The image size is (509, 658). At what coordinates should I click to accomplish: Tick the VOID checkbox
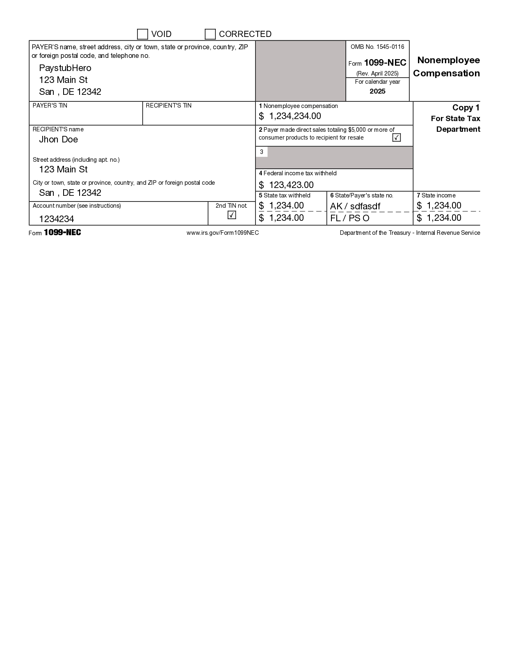point(142,34)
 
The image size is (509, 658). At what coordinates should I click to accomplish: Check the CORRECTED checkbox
point(210,34)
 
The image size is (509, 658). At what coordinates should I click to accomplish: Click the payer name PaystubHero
point(65,68)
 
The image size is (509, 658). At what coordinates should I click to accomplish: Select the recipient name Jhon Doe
point(58,140)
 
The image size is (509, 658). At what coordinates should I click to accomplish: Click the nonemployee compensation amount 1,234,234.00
point(295,116)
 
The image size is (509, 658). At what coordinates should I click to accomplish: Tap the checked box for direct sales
point(397,138)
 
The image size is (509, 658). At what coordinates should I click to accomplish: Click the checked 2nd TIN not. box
point(232,215)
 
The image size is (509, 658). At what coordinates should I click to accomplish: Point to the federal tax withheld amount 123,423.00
point(291,185)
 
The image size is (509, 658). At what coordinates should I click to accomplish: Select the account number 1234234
point(57,219)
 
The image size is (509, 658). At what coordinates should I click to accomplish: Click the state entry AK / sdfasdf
point(355,206)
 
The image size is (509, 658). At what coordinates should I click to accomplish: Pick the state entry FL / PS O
point(350,218)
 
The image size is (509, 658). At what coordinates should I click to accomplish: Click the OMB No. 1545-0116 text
point(377,47)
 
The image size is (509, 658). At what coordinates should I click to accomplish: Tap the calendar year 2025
point(377,91)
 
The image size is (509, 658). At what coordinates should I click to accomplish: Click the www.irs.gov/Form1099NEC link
point(223,233)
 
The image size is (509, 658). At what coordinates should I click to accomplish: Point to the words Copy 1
point(466,108)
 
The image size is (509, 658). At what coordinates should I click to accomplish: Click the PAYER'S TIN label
point(50,105)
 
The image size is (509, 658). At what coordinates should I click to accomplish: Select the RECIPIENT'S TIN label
point(169,105)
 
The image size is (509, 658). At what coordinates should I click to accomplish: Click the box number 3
point(262,152)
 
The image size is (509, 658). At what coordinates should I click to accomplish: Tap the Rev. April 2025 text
point(377,73)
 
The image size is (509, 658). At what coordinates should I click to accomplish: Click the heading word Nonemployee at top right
point(448,60)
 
